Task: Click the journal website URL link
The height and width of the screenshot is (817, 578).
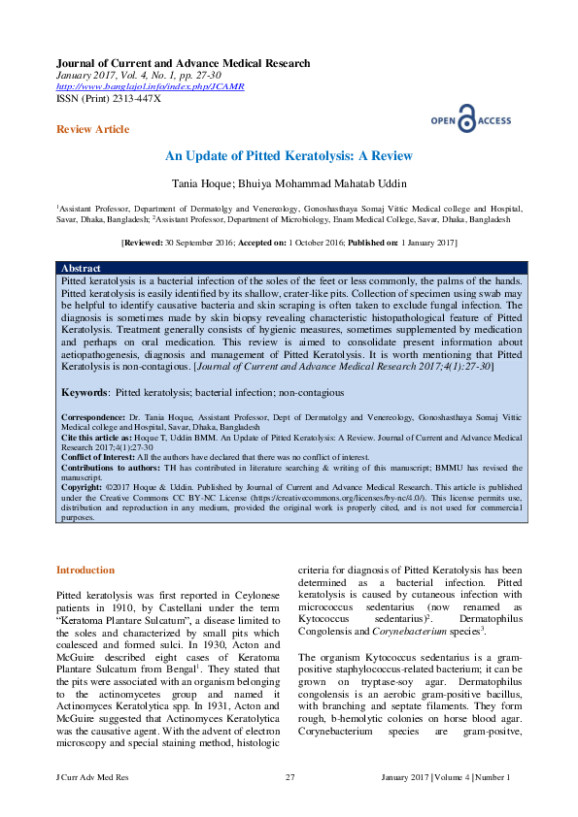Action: click(151, 87)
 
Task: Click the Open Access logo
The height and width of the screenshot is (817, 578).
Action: click(470, 119)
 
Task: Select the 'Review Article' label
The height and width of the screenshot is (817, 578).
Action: click(92, 129)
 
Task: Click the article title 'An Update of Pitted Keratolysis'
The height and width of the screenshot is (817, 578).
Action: click(289, 156)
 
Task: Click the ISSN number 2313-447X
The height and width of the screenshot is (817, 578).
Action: click(131, 99)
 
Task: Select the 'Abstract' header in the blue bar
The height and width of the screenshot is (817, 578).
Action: click(81, 267)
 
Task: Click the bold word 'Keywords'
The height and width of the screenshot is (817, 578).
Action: click(85, 393)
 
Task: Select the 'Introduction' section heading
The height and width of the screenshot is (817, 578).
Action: click(85, 571)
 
